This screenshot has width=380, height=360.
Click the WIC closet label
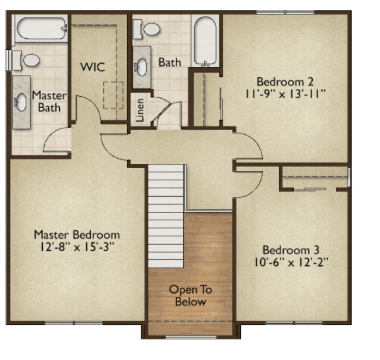(x=93, y=67)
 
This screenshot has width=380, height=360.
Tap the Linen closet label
(x=140, y=110)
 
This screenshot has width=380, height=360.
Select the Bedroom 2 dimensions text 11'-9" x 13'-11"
(x=285, y=94)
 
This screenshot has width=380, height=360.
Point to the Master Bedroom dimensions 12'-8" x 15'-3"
(x=77, y=247)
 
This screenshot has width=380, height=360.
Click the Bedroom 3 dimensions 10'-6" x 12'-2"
(x=291, y=263)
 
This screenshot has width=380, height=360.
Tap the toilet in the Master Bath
(x=26, y=61)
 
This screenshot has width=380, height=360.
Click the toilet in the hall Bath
(x=147, y=29)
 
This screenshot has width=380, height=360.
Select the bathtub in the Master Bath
(x=41, y=28)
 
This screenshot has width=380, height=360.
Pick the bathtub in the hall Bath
(x=205, y=41)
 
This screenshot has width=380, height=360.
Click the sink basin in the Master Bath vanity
(x=21, y=102)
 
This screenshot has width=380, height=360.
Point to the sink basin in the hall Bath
(x=142, y=67)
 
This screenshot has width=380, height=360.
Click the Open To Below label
(x=190, y=296)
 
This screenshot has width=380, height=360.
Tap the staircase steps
(x=166, y=216)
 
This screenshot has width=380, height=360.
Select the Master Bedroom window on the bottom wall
(x=74, y=323)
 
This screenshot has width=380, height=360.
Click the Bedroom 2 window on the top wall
(x=285, y=12)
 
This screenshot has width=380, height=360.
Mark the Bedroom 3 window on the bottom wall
(x=294, y=323)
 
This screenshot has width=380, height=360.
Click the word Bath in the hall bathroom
(x=170, y=63)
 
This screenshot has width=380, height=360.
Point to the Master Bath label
(x=49, y=101)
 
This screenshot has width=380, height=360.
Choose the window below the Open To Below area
(x=191, y=337)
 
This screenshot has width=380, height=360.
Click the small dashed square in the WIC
(x=113, y=95)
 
